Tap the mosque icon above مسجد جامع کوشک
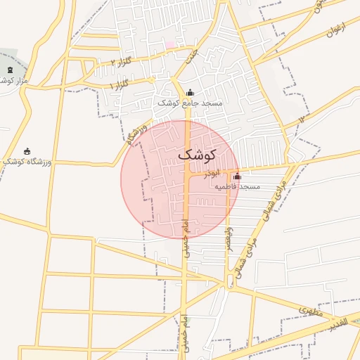tap(189, 92)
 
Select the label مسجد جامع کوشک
tap(189, 103)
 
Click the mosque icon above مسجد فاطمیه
tap(237, 176)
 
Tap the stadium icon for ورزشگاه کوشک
tap(27, 151)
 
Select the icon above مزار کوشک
tap(9, 70)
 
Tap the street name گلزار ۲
tap(122, 63)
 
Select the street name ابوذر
tap(212, 173)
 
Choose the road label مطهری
tap(309, 309)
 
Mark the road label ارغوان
tap(336, 32)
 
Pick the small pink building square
tap(169, 45)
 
